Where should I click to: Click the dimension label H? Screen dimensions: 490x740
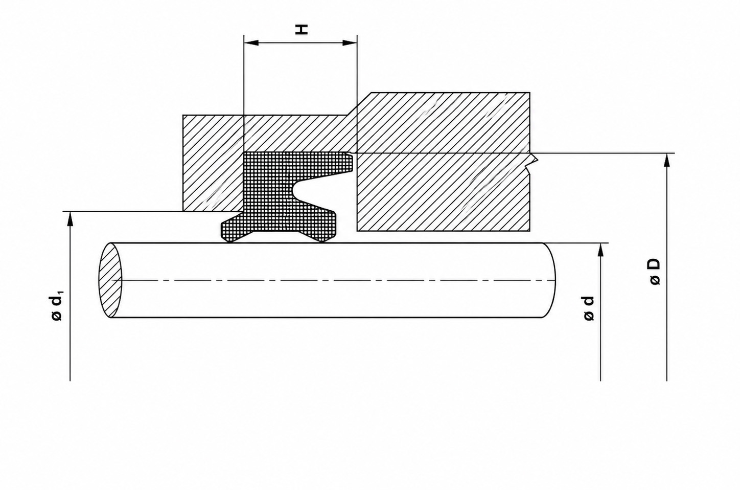(303, 30)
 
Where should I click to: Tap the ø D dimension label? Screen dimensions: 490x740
(654, 272)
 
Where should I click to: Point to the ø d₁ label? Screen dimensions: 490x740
(57, 306)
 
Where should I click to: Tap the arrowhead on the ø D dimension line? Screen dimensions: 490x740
(666, 160)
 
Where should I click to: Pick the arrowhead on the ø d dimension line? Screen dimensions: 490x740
(600, 249)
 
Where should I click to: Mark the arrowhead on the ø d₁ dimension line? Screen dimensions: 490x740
(70, 218)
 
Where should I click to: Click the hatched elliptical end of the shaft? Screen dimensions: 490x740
(110, 280)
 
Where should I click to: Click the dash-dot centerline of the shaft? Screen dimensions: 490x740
(332, 280)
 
